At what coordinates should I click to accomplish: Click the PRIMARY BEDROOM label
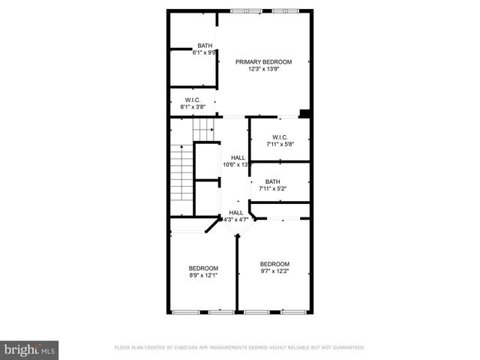pos(263,61)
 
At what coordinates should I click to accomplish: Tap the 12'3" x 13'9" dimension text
pos(263,69)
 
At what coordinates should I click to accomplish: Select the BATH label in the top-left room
pos(205,45)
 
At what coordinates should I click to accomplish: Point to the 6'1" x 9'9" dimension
pos(205,52)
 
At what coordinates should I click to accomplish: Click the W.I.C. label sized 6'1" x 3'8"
pos(193,100)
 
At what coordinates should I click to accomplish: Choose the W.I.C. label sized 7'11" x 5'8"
pos(280,137)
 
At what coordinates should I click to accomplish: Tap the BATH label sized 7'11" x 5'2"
pos(272,181)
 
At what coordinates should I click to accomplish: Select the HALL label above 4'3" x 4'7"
pos(236,212)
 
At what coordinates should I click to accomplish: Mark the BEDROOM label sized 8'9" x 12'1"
pos(203,268)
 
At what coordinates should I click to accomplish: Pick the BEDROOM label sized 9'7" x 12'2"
pos(274,263)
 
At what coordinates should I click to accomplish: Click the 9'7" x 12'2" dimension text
pos(274,271)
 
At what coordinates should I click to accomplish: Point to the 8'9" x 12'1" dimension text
pos(203,276)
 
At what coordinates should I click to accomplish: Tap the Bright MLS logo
pos(30,349)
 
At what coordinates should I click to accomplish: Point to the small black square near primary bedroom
pos(304,114)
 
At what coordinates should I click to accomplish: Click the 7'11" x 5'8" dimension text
pos(280,145)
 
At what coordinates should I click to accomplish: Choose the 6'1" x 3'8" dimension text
pos(193,107)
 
